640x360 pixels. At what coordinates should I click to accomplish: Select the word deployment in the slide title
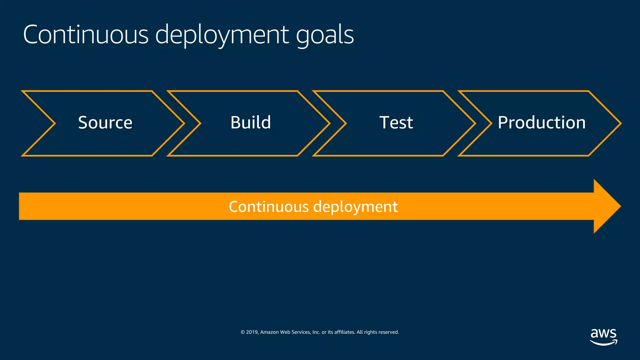(222, 35)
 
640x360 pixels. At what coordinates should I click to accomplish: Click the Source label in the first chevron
(105, 122)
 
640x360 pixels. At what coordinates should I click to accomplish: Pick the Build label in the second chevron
(251, 122)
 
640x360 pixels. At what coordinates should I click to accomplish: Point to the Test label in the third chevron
(396, 122)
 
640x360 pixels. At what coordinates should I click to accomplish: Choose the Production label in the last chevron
(542, 122)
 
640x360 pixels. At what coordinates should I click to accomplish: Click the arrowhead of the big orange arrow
(606, 206)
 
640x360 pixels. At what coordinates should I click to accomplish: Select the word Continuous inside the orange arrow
(268, 207)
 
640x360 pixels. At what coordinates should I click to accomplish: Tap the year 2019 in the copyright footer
(252, 332)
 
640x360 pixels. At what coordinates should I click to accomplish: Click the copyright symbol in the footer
(242, 332)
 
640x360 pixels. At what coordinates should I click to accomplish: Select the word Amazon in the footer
(269, 332)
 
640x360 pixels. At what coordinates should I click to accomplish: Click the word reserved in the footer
(388, 332)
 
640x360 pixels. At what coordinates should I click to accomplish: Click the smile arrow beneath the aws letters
(603, 343)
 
